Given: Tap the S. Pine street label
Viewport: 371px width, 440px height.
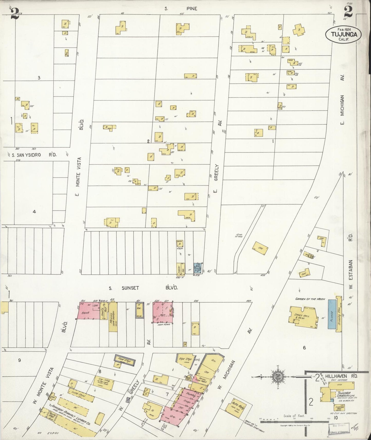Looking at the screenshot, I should coord(181,9).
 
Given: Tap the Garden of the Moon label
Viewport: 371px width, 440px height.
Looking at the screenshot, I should coord(310,299).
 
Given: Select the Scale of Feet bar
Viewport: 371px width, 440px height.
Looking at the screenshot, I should coord(290,421).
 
